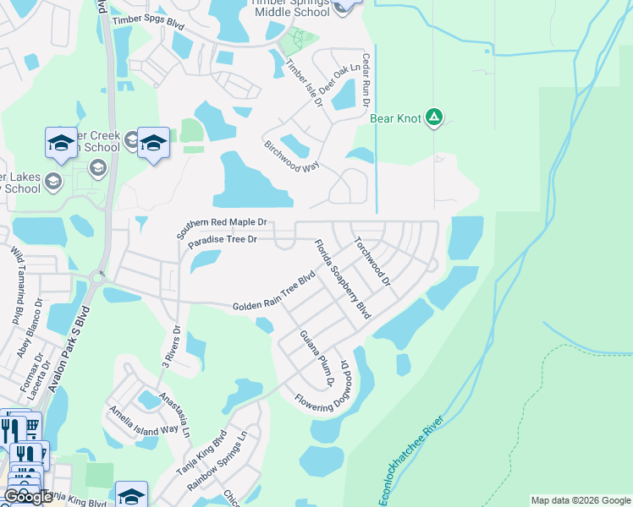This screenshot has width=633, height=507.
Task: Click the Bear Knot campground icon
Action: (434, 117)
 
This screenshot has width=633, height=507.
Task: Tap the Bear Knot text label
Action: (395, 118)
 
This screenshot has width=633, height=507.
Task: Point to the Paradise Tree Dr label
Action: (222, 241)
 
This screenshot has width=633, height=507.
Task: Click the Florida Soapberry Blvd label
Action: (343, 279)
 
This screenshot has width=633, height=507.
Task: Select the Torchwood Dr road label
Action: (373, 260)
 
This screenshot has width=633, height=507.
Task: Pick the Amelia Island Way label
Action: (142, 420)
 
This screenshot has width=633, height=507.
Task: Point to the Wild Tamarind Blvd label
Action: (16, 286)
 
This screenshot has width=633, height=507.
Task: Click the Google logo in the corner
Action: (29, 497)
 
